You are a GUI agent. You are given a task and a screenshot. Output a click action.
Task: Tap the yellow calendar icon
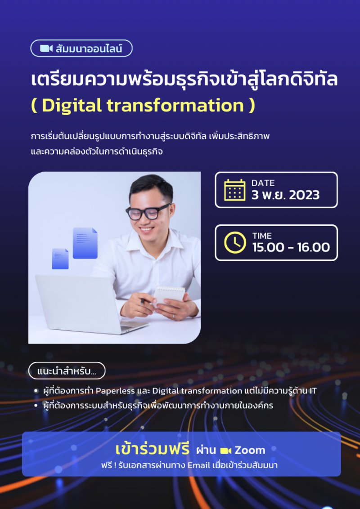tap(234, 190)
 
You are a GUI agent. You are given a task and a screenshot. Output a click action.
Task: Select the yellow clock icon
tap(234, 242)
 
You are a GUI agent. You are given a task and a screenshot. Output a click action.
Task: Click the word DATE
tap(263, 183)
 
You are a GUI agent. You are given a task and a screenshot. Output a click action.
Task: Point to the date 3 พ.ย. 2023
tap(286, 195)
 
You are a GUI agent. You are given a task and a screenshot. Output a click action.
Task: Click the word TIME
tap(262, 236)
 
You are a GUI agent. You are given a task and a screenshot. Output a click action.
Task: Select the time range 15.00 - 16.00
tap(291, 247)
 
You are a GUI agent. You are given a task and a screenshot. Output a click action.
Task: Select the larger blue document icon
tap(85, 243)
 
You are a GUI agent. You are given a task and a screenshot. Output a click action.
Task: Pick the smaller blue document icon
tap(60, 259)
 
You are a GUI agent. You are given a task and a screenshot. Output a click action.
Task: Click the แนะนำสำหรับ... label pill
tap(67, 371)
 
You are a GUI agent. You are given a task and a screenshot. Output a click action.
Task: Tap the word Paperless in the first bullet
tap(115, 390)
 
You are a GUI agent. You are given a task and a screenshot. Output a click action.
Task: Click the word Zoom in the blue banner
tap(250, 450)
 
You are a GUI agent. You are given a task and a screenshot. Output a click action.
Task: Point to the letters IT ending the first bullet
tap(312, 390)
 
